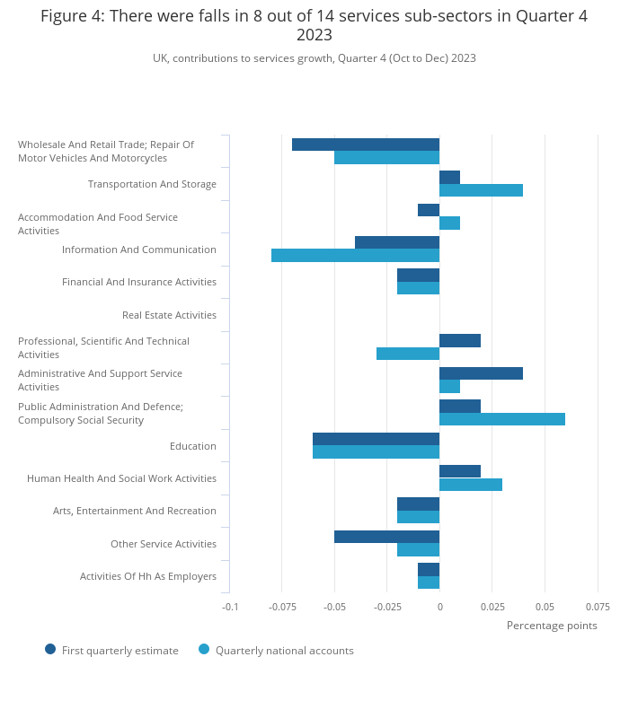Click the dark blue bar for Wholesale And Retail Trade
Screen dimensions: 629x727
click(366, 145)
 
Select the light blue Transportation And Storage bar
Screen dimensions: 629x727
click(482, 190)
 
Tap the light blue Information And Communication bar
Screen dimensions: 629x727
click(356, 256)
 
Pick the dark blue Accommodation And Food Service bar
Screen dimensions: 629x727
click(429, 210)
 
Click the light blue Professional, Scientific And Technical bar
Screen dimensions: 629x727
click(408, 354)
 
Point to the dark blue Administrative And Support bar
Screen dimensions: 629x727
click(482, 373)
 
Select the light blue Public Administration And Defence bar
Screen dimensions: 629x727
click(502, 419)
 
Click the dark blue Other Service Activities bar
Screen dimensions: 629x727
click(386, 537)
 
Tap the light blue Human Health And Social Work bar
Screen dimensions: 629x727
click(471, 485)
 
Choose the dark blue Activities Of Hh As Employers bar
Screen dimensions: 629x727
click(429, 570)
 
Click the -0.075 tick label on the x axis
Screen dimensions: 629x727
click(282, 607)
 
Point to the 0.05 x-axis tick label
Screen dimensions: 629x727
click(545, 607)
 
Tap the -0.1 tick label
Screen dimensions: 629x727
click(230, 607)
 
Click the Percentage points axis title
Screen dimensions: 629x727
click(552, 626)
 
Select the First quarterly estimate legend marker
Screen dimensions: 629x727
click(50, 649)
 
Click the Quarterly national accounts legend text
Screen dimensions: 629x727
click(285, 651)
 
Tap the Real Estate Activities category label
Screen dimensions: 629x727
click(170, 315)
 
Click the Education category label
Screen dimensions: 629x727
click(193, 446)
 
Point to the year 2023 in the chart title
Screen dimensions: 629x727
click(314, 35)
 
